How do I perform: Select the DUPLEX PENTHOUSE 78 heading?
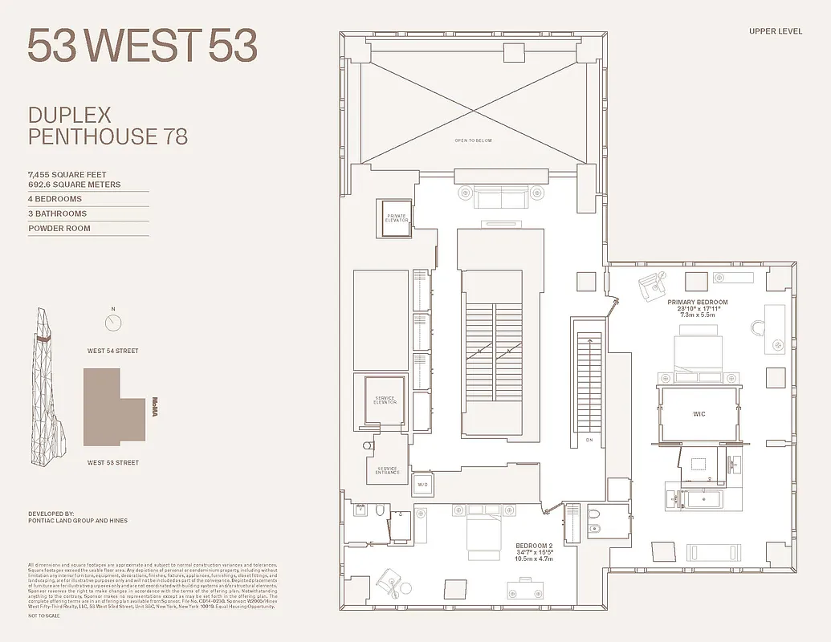pos(108,126)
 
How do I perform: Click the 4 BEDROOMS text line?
pos(55,199)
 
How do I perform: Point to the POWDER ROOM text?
pos(59,229)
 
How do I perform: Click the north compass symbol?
pos(113,322)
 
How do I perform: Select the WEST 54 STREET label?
pos(113,351)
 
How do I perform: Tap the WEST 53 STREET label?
pos(113,462)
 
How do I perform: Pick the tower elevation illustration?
pos(47,385)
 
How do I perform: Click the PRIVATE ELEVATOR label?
pos(397,218)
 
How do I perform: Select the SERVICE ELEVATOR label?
pos(385,400)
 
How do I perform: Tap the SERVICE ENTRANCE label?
pos(387,471)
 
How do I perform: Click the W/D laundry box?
pos(422,485)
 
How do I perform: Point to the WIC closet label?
pos(699,414)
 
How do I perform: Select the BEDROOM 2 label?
pos(534,546)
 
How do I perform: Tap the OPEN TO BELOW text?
pos(473,140)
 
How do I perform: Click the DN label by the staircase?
pos(589,440)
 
